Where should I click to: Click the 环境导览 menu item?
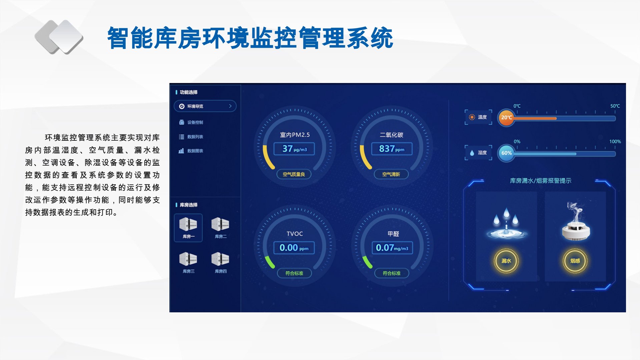[205, 106]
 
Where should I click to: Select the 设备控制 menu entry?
[191, 122]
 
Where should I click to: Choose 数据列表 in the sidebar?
[191, 137]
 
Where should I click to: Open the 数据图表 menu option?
[191, 151]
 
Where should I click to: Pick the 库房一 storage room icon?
[188, 228]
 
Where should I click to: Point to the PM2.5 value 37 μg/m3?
[294, 149]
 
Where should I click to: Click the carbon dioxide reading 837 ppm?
[392, 149]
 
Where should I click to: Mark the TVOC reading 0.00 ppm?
[294, 248]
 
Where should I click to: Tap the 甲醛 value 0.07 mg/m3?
[392, 248]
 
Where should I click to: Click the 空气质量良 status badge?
[294, 174]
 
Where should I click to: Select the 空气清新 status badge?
[391, 174]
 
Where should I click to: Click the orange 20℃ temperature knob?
[506, 118]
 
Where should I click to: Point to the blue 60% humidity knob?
[506, 153]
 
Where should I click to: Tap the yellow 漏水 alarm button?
[506, 261]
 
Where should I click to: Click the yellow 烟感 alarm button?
[575, 261]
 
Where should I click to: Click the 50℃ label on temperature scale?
[615, 106]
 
